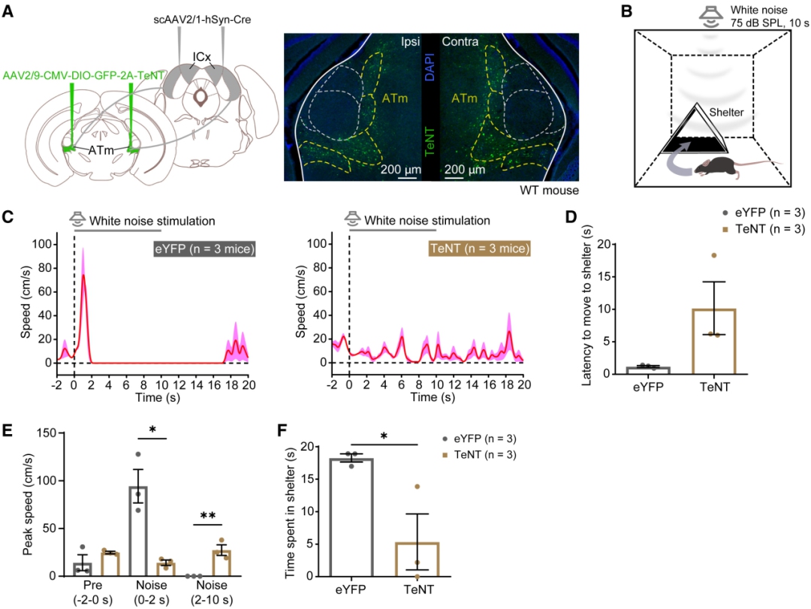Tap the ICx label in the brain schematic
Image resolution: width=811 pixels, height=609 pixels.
(200, 56)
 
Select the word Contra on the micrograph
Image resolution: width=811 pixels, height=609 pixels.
(459, 42)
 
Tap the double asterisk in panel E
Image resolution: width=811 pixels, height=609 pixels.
(207, 516)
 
